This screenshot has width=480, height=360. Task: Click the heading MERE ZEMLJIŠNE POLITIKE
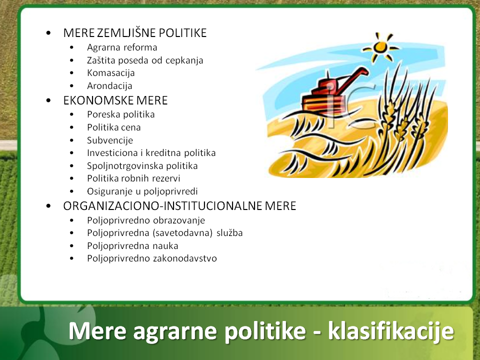click(x=135, y=33)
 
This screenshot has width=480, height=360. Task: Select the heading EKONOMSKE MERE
click(x=115, y=100)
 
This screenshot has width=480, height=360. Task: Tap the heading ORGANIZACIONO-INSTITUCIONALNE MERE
click(x=179, y=205)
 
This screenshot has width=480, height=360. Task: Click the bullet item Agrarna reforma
click(x=122, y=47)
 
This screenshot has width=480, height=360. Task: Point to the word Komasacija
click(x=111, y=73)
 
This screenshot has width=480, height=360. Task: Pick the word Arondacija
click(x=109, y=85)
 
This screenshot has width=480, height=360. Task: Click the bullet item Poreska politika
click(x=121, y=114)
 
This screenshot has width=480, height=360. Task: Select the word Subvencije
click(x=110, y=140)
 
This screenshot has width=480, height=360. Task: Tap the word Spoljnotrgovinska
click(x=126, y=166)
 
